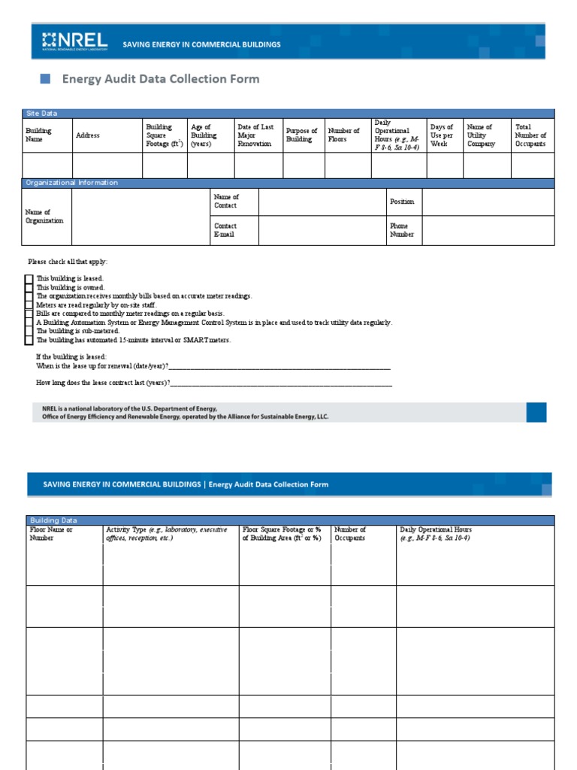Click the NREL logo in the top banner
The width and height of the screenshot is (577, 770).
coord(74,42)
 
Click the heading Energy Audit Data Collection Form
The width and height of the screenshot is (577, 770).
coord(160,79)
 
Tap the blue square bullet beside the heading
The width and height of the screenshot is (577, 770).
coord(44,79)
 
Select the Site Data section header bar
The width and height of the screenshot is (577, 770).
coord(288,113)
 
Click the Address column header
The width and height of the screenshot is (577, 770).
coord(88,135)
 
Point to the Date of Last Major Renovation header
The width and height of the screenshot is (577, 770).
coord(255,135)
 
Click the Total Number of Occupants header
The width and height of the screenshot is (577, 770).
coord(530,135)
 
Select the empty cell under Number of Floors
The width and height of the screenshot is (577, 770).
coord(347,165)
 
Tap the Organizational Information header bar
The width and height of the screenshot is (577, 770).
coord(288,183)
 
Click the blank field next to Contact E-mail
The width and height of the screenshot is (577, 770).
coord(322,231)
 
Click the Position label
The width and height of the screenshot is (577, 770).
coord(402,202)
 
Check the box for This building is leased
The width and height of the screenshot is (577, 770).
coord(29,279)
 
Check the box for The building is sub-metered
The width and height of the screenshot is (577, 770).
coord(29,331)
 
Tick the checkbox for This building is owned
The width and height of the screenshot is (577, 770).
coord(29,288)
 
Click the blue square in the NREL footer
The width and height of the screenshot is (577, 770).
coord(536,412)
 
